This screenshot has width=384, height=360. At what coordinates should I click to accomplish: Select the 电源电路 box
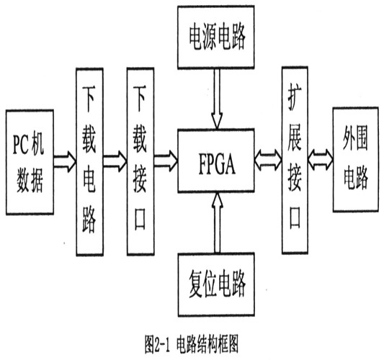click(x=215, y=37)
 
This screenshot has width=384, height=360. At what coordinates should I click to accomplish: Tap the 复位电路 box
click(x=216, y=284)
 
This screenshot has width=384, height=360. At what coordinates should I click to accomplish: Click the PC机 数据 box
click(x=30, y=162)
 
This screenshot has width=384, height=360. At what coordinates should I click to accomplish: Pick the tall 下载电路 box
click(x=89, y=162)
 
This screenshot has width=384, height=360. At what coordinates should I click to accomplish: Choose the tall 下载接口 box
click(x=140, y=161)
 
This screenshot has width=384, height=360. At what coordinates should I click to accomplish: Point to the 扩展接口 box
click(x=295, y=160)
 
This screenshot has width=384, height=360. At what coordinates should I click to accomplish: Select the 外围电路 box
click(x=356, y=159)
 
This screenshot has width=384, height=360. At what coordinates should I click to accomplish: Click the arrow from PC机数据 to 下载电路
click(x=65, y=161)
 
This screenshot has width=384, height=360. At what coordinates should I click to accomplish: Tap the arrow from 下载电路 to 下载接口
click(x=115, y=161)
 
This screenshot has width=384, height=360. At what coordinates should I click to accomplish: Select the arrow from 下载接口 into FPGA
click(x=166, y=161)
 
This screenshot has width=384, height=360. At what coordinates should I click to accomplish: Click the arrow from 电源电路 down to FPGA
click(x=217, y=98)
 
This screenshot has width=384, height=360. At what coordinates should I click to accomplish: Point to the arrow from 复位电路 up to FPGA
click(x=217, y=222)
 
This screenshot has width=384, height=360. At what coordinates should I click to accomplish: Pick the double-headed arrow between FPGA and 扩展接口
click(x=268, y=161)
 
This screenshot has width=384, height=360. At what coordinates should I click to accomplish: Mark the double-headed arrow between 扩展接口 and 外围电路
click(x=321, y=161)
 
